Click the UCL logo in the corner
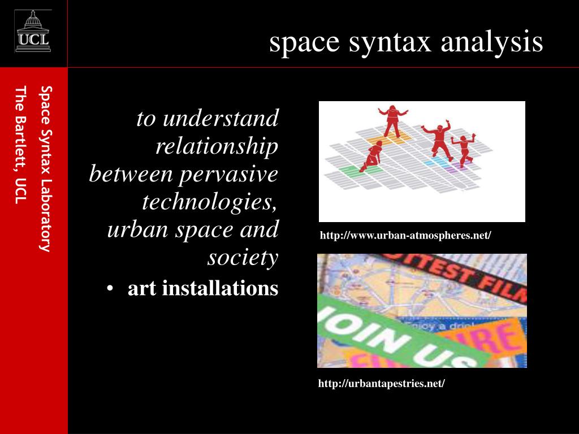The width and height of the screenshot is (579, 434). (33, 32)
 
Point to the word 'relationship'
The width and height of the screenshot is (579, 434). (217, 146)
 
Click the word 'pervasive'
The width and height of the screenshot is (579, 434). (228, 174)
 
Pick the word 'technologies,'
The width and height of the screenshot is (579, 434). (210, 202)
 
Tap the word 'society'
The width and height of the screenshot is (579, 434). (243, 258)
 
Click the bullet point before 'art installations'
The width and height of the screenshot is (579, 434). (111, 289)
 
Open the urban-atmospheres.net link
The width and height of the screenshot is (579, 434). (405, 235)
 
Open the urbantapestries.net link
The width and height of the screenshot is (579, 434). (382, 384)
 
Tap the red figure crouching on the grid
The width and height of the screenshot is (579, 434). (372, 157)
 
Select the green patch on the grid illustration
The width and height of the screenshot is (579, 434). (346, 169)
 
